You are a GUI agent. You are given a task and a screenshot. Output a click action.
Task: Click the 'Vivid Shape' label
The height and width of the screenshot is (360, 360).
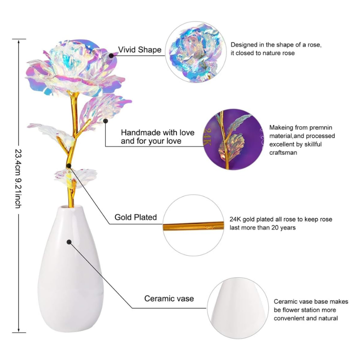pos(139,50)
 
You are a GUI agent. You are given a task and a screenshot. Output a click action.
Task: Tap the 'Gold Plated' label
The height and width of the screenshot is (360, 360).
pos(135,217)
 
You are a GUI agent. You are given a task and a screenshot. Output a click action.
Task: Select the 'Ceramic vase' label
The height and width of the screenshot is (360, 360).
pos(169,298)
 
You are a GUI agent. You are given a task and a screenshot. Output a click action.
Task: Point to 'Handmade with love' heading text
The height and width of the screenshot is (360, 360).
pos(157,133)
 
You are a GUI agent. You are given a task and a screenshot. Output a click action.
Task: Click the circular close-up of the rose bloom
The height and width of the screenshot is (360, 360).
pos(195,53)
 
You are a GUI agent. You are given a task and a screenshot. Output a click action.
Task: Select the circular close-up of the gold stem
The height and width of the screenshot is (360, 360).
pos(193,225)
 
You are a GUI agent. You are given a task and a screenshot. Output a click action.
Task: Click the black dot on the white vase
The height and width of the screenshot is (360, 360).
pos(69,242)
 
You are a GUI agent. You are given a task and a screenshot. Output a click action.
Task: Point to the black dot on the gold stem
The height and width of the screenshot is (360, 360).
pos(68,165)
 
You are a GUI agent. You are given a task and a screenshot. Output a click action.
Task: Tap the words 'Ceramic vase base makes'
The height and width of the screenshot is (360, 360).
pos(311,301)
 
